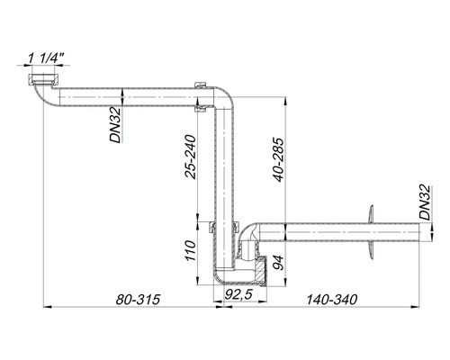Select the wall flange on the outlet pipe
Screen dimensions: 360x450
pos(368,231)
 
